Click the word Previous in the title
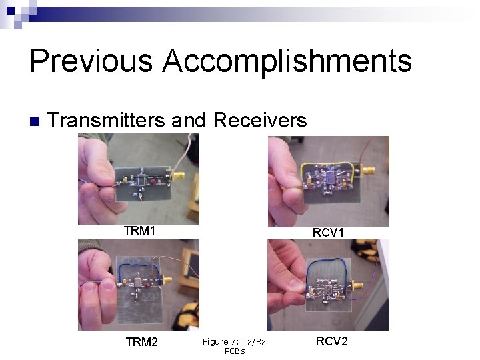pyautogui.click(x=90, y=61)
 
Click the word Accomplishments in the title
pyautogui.click(x=287, y=61)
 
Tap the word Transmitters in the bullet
pyautogui.click(x=106, y=120)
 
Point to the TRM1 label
pyautogui.click(x=139, y=231)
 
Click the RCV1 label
pyautogui.click(x=329, y=233)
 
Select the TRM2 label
pyautogui.click(x=142, y=342)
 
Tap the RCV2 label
pyautogui.click(x=331, y=341)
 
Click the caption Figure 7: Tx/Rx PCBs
pyautogui.click(x=234, y=346)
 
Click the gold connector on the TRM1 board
pyautogui.click(x=178, y=176)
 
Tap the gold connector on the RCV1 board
pyautogui.click(x=366, y=171)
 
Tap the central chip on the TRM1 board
pyautogui.click(x=142, y=180)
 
